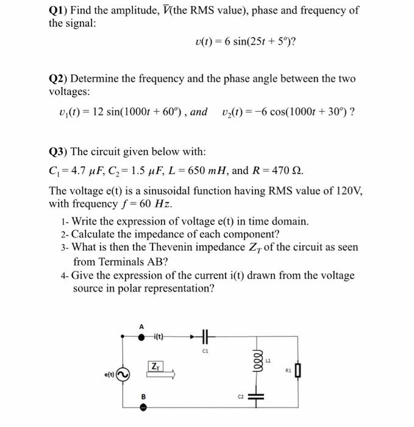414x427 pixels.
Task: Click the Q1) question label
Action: (x=59, y=10)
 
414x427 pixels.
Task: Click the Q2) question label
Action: (x=59, y=79)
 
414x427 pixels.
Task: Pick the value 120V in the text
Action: (x=349, y=190)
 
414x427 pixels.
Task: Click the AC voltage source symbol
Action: (x=124, y=373)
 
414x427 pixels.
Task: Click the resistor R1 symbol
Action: (x=298, y=371)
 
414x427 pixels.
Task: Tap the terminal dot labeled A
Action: (x=142, y=336)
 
